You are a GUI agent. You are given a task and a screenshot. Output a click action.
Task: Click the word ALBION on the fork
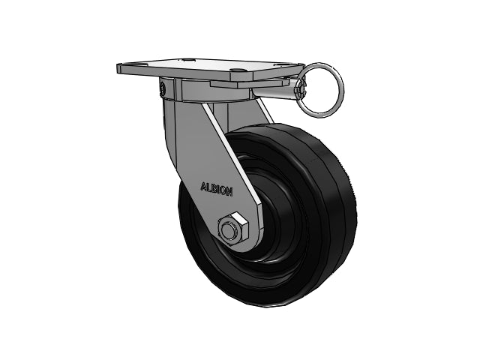217,189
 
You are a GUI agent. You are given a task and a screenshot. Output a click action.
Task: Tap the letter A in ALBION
203,187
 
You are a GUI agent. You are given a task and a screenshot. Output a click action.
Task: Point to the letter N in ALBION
229,192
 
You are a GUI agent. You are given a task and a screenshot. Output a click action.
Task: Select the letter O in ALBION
223,190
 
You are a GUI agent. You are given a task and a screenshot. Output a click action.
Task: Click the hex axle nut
233,229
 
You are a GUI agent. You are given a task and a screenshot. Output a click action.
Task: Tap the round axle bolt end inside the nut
228,230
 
